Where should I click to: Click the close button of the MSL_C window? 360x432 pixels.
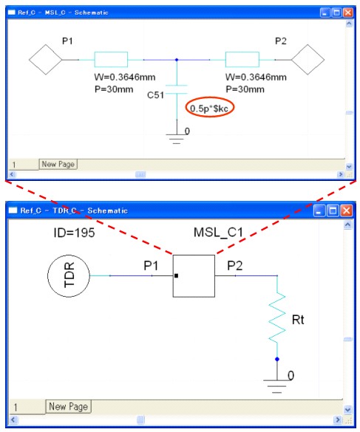(348, 13)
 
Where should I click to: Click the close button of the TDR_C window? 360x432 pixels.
(346, 210)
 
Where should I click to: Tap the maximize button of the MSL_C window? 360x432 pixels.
(336, 13)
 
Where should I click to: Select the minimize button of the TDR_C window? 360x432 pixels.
(320, 210)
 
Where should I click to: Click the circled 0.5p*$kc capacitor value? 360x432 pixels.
(209, 109)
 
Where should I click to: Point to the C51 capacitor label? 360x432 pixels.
(155, 95)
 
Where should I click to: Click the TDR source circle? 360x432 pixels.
(69, 275)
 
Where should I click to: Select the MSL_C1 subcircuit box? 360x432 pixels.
(194, 275)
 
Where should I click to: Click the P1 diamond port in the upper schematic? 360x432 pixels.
(46, 60)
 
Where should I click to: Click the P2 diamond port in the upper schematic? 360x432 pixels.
(308, 60)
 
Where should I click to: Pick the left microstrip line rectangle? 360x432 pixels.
(111, 59)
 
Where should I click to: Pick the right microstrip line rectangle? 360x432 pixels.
(242, 59)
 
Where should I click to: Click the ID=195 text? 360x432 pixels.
(74, 233)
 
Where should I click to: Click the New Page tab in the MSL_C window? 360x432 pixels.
(58, 164)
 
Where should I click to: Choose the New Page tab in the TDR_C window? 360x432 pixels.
(68, 406)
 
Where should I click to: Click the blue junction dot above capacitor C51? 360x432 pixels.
(177, 60)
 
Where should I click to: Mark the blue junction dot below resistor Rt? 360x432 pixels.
(277, 359)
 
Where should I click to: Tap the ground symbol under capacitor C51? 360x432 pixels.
(177, 139)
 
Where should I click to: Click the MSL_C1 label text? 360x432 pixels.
(218, 233)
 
